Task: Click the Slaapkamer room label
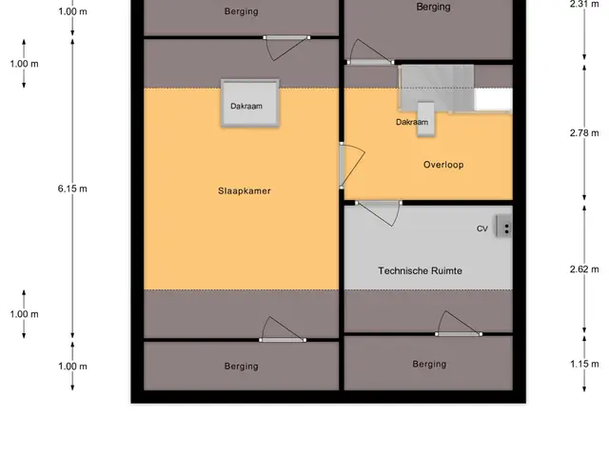pyautogui.click(x=245, y=190)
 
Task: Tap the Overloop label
pyautogui.click(x=443, y=165)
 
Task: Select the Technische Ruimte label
pyautogui.click(x=420, y=270)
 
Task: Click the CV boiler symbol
pyautogui.click(x=503, y=227)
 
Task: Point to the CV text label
pyautogui.click(x=482, y=228)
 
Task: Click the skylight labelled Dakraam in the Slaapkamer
pyautogui.click(x=249, y=103)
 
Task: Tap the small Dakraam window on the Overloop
pyautogui.click(x=425, y=119)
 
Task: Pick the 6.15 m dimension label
pyautogui.click(x=72, y=189)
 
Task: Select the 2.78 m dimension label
pyautogui.click(x=584, y=133)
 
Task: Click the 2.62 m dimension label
pyautogui.click(x=584, y=269)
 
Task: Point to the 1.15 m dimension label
pyautogui.click(x=584, y=364)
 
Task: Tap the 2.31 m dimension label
pyautogui.click(x=584, y=4)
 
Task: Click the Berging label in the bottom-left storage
pyautogui.click(x=241, y=367)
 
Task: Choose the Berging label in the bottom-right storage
pyautogui.click(x=429, y=364)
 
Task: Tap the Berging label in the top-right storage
pyautogui.click(x=433, y=7)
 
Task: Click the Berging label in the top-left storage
pyautogui.click(x=241, y=11)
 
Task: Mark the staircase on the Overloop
pyautogui.click(x=437, y=89)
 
